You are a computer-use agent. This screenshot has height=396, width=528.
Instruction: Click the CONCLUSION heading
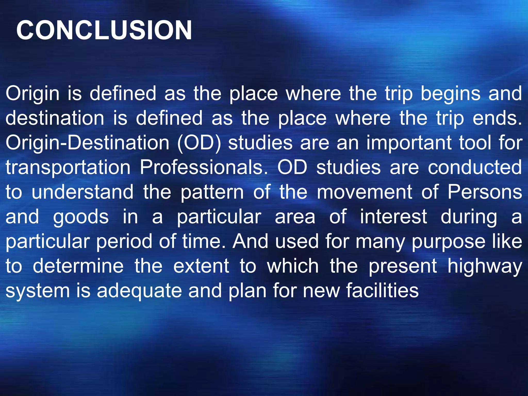104,30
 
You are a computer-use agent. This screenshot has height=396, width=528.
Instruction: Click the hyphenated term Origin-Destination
87,143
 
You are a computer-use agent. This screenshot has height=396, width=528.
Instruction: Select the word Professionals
204,167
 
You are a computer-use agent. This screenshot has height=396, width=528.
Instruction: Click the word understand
82,192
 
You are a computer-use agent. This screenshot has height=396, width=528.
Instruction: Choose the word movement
365,192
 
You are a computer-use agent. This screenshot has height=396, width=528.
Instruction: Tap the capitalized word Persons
485,192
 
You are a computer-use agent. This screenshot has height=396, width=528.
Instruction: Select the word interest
393,217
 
